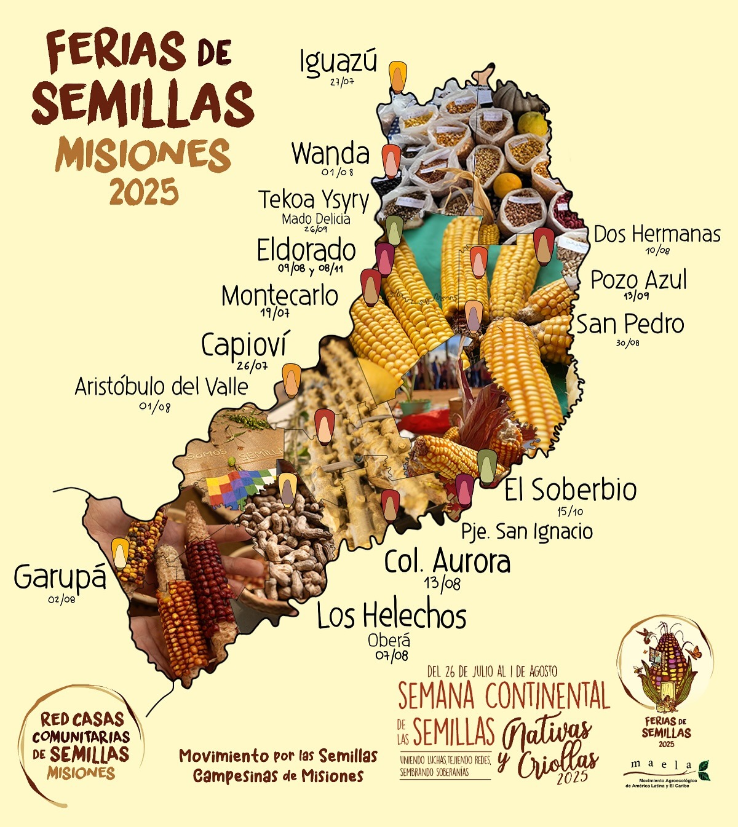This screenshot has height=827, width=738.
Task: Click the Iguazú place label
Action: (338, 62)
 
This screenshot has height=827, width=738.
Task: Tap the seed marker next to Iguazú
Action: (399, 76)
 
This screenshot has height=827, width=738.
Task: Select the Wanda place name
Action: (330, 154)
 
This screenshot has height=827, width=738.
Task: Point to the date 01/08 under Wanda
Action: (338, 172)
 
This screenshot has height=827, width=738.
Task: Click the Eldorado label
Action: (306, 250)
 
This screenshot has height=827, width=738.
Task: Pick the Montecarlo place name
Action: (280, 296)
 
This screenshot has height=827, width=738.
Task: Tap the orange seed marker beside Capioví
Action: (292, 379)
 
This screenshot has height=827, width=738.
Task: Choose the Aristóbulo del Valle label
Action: (161, 387)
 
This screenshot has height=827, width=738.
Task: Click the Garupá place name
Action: (60, 577)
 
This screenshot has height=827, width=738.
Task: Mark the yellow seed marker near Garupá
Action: (121, 552)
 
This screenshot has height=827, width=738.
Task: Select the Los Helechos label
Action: (392, 615)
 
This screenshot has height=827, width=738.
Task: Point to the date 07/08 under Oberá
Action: (392, 655)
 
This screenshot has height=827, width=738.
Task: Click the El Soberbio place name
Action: (571, 490)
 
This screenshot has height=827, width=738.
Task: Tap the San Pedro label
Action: (630, 324)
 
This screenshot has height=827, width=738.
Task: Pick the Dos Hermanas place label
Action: (657, 234)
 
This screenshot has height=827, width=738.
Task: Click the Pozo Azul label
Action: (638, 280)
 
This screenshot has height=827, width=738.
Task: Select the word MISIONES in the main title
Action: (143, 155)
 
